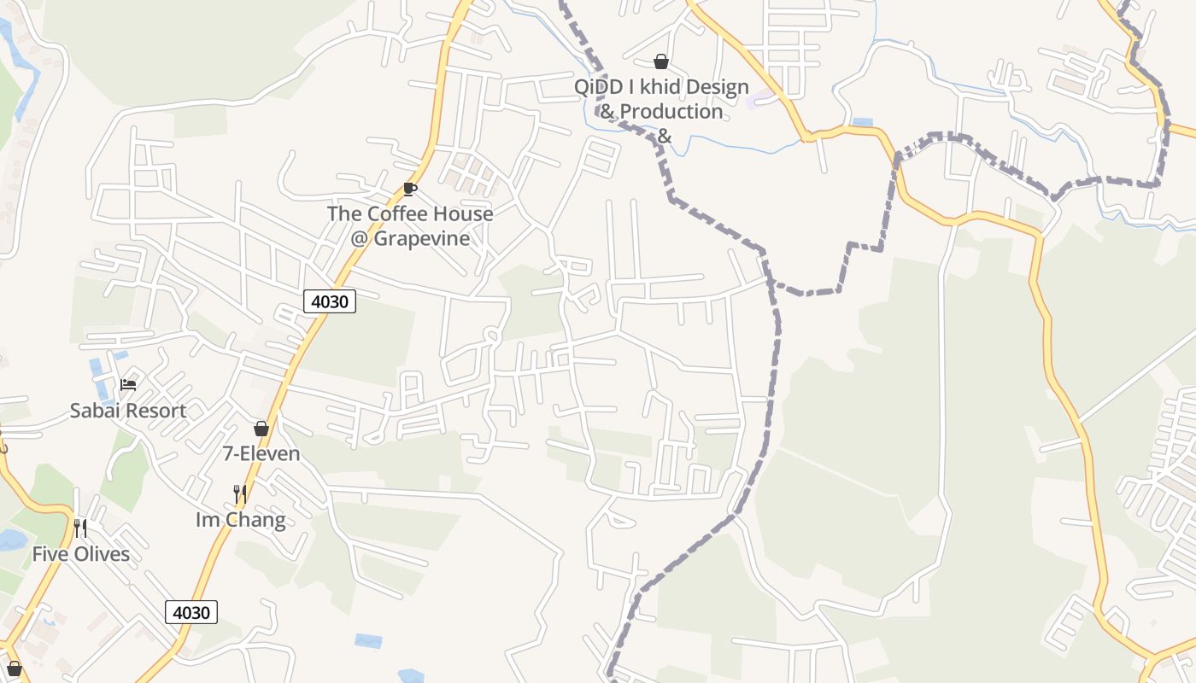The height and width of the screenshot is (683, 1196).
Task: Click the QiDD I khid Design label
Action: [661, 87]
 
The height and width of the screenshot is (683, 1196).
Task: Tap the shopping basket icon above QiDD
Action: [660, 61]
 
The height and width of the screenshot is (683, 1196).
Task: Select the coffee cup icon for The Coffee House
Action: [410, 189]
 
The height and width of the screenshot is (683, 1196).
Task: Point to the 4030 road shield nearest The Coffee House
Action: [329, 301]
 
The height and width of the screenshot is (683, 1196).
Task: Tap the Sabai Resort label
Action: [128, 411]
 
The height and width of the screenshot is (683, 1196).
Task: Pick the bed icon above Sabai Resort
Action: [128, 385]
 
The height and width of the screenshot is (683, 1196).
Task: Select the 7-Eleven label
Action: [261, 453]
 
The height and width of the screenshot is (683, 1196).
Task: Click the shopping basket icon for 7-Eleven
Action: [261, 429]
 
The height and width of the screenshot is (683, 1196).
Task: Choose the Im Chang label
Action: [241, 520]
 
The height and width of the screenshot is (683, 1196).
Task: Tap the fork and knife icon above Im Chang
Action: [240, 494]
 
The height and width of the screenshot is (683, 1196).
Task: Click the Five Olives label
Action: [81, 554]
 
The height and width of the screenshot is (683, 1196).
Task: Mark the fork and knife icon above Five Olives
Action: [80, 528]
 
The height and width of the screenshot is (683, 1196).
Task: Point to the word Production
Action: [671, 112]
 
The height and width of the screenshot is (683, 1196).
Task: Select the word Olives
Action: [101, 554]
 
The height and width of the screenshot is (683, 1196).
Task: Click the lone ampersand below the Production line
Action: [665, 136]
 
